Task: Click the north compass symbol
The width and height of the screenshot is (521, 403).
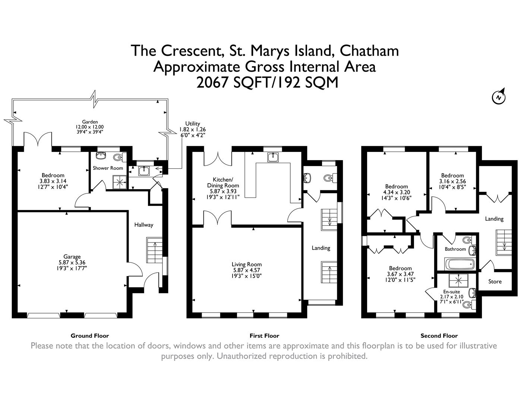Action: pyautogui.click(x=498, y=97)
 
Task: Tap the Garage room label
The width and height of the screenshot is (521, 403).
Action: pyautogui.click(x=72, y=256)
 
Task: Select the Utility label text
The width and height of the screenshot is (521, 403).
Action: pyautogui.click(x=193, y=124)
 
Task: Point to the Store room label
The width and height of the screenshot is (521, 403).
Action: pyautogui.click(x=495, y=281)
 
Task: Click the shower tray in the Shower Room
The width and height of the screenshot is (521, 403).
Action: pyautogui.click(x=120, y=182)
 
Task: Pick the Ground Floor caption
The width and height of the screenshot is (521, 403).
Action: pyautogui.click(x=90, y=335)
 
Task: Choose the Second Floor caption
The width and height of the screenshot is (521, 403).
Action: pyautogui.click(x=439, y=335)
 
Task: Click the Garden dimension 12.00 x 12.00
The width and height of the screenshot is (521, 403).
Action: pyautogui.click(x=90, y=127)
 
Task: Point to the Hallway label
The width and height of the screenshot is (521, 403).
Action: pyautogui.click(x=143, y=225)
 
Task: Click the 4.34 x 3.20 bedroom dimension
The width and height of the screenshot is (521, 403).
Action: pyautogui.click(x=397, y=192)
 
